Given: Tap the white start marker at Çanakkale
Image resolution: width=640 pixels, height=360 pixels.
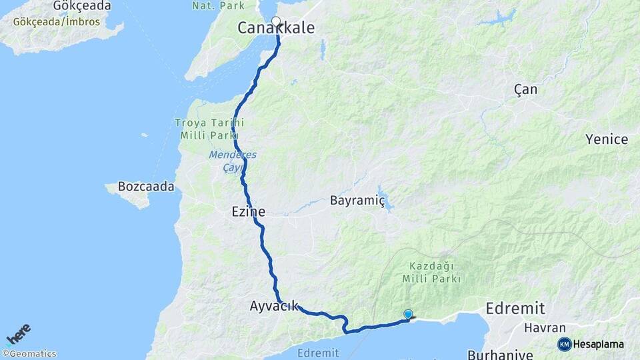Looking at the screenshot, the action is coord(276,21).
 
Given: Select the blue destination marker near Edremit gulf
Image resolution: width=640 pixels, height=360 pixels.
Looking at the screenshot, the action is coord(408,315).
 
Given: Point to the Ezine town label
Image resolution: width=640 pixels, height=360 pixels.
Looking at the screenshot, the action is coord(248,212).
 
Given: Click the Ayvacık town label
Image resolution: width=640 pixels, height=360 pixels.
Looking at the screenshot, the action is coord(273,306).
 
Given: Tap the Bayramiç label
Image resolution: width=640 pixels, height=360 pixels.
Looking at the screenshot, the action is coord(357,200).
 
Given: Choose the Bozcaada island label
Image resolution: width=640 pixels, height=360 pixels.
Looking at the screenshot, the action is coord(146,186).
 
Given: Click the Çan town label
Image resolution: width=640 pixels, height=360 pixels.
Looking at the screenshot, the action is coord(525,89).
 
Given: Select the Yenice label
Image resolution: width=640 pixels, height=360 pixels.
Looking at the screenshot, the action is coord(607,139).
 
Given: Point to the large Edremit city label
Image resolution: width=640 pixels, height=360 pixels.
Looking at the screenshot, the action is coord(515,309).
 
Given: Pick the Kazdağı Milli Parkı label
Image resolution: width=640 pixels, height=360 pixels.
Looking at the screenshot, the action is coord(433,272).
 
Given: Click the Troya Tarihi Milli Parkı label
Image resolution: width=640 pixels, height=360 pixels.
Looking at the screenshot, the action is coord(209,129).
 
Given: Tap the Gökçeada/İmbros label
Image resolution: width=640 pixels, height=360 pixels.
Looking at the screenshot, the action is coord(56,21).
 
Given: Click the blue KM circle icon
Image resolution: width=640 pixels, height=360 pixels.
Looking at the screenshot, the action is coord(564,344).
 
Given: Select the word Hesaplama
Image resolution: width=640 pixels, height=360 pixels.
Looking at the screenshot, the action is coord(598,345).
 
